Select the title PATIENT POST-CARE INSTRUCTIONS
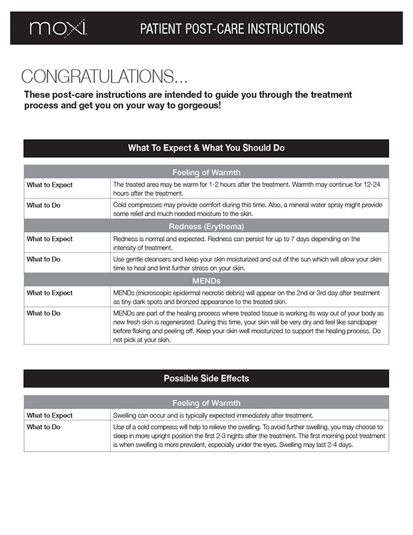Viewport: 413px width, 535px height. tap(231, 29)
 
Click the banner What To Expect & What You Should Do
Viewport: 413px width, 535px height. tap(206, 148)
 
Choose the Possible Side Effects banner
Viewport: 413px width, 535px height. tap(206, 378)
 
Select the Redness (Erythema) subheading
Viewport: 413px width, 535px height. tap(206, 226)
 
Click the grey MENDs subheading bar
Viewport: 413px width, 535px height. tap(206, 280)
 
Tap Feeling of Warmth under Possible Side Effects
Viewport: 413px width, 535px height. tap(206, 403)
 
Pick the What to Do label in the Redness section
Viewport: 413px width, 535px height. tap(43, 259)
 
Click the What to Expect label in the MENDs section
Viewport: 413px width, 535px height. tap(49, 293)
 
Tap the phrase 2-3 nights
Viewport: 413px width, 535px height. tap(218, 436)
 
